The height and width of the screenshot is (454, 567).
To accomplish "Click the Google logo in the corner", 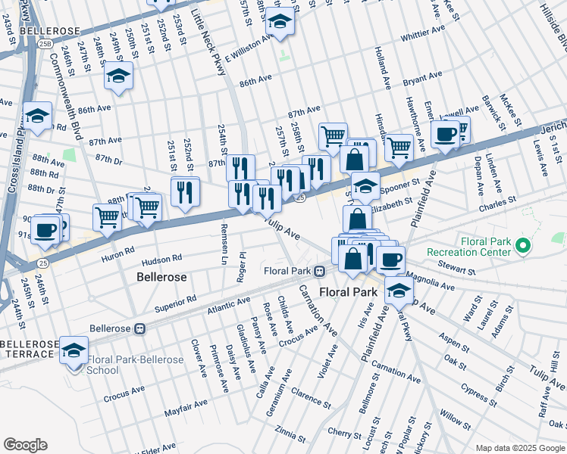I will [25, 445].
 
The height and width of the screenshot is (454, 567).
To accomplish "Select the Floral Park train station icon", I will [321, 271].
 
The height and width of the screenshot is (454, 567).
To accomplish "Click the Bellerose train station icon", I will [139, 329].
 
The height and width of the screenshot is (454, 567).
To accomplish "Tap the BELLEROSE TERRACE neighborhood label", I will [29, 349].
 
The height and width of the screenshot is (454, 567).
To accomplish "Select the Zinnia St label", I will [290, 434].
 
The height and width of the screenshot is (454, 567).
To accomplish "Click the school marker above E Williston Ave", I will [280, 24].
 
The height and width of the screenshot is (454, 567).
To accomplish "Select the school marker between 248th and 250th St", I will [118, 76].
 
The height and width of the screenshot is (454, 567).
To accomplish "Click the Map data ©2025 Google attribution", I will [519, 448].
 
